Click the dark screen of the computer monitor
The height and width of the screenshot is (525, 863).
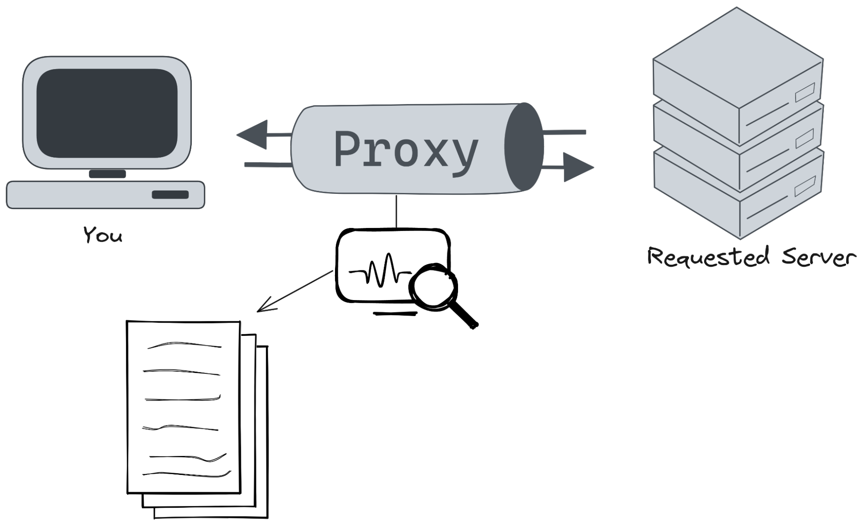[107, 113]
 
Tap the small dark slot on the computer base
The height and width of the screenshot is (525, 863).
[170, 195]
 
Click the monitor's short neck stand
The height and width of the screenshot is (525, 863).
[107, 174]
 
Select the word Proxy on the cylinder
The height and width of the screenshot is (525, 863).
[406, 149]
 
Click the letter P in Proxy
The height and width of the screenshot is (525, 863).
[349, 149]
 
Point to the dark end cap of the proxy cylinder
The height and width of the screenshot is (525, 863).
[524, 147]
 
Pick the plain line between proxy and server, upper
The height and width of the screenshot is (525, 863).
[564, 132]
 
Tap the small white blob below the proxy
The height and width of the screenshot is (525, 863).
[433, 288]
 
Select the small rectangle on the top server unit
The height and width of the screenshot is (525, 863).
[805, 92]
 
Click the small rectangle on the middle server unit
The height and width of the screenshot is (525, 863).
[805, 138]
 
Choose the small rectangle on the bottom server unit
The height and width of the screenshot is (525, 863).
[805, 186]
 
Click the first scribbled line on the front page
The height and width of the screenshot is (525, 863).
[184, 345]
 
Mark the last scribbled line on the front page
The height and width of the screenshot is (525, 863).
[187, 474]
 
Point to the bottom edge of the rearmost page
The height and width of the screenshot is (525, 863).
[210, 516]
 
